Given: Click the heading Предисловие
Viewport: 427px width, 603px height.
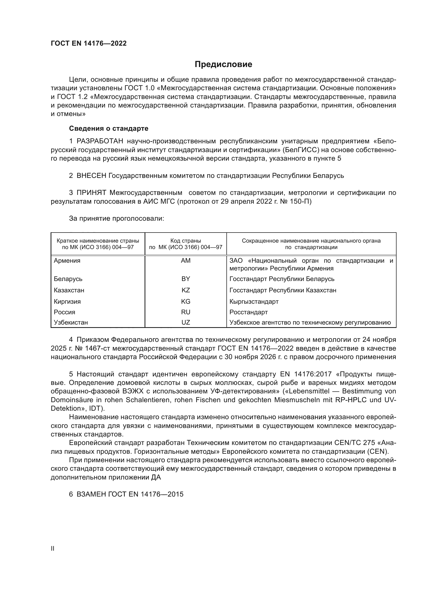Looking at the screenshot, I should (223, 64).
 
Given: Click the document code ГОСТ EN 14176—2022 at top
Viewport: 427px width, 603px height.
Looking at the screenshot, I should (89, 43).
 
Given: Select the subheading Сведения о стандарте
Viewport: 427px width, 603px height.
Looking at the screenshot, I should (109, 128).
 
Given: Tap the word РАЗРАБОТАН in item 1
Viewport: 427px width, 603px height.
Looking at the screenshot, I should (100, 141).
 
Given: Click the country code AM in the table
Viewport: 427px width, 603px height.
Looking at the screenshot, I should (186, 261).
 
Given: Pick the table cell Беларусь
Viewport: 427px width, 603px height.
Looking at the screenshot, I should (68, 279).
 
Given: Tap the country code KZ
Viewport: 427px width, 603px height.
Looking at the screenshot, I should (186, 290).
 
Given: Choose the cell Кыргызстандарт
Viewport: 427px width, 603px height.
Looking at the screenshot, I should (254, 302).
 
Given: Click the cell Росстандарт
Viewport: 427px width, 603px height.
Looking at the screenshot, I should (248, 312).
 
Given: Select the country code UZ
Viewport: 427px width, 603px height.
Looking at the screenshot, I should (186, 323).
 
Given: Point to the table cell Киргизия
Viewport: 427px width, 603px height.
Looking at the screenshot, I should (67, 302).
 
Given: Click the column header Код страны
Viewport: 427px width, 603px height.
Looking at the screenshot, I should (186, 241).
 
